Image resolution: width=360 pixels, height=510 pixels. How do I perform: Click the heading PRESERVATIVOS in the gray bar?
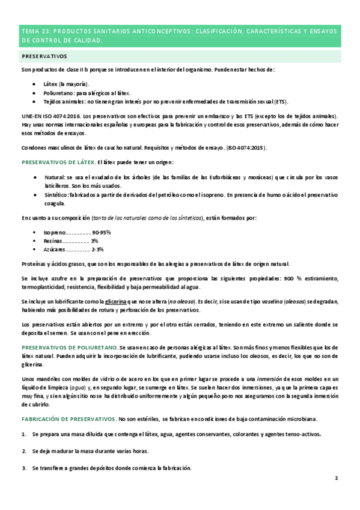[44, 56]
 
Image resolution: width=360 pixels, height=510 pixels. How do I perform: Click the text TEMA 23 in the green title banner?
[35, 31]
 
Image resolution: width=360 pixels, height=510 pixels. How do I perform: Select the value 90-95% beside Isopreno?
[102, 232]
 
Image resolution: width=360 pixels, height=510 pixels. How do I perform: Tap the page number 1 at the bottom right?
[337, 479]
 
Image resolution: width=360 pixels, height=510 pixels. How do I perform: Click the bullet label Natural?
[54, 178]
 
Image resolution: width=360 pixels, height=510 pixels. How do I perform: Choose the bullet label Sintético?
[56, 195]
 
